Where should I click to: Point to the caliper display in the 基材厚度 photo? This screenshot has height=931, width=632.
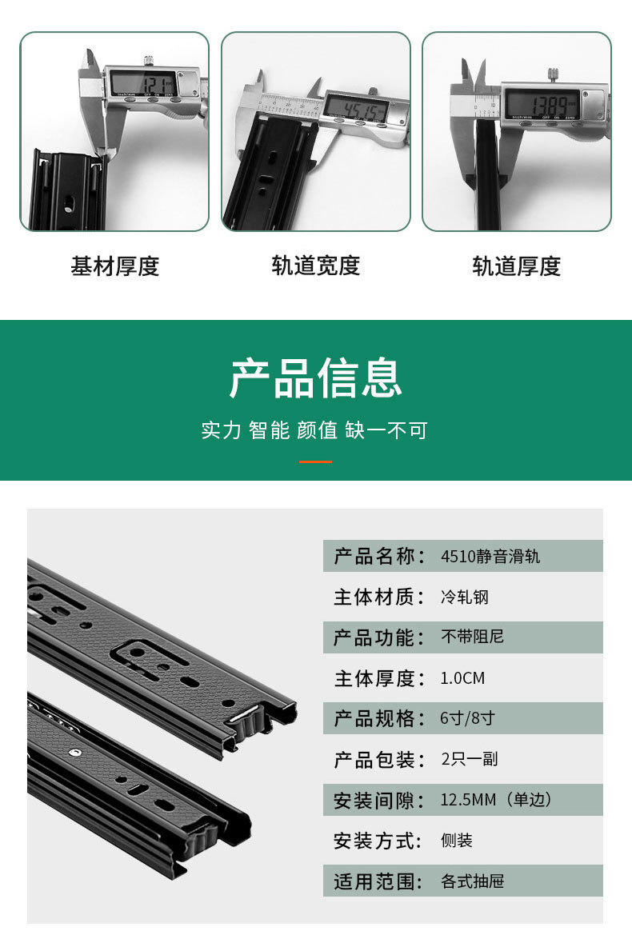(x=144, y=83)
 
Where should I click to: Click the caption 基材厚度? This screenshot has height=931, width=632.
(x=115, y=266)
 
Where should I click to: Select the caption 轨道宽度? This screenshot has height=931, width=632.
(x=316, y=266)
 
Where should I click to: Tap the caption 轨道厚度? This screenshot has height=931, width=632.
(x=517, y=266)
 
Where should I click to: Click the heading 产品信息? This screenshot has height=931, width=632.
(x=315, y=378)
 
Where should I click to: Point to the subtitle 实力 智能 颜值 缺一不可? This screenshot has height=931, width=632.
(x=315, y=430)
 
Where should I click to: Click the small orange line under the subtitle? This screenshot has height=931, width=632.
(x=315, y=462)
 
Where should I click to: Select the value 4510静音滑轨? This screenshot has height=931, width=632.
(x=490, y=556)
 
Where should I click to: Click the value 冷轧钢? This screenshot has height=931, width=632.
(x=464, y=597)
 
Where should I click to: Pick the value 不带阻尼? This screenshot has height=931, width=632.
(x=472, y=637)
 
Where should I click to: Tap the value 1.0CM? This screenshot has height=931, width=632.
(x=462, y=678)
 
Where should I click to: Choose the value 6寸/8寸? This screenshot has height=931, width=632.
(x=467, y=718)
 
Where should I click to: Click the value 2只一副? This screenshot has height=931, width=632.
(x=470, y=759)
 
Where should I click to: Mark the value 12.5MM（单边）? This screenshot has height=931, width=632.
(x=496, y=800)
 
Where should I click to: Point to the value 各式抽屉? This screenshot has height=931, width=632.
(x=472, y=881)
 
